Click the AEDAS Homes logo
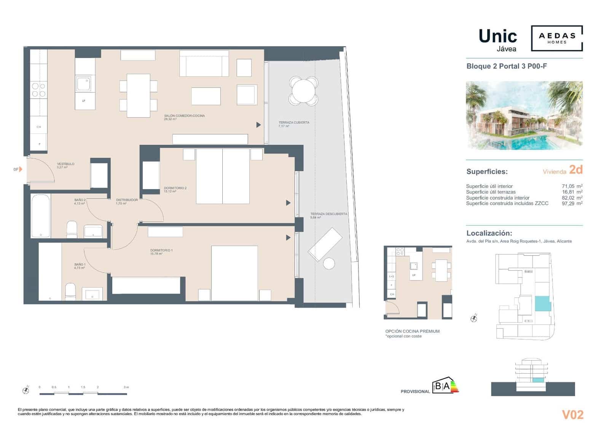pos(557,38)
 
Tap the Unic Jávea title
pos(498,40)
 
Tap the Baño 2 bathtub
pos(41,216)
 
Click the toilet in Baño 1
pos(70,291)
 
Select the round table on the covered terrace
pos(303,91)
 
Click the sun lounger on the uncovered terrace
pos(325,244)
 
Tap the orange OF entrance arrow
pos(21,169)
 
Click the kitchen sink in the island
pos(83,84)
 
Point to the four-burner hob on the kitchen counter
pos(38,90)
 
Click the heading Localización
pos(489,233)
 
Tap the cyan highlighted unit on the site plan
pos(543,304)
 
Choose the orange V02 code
pos(572,414)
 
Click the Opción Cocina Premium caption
pos(412,331)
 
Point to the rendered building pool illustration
pos(524,115)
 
